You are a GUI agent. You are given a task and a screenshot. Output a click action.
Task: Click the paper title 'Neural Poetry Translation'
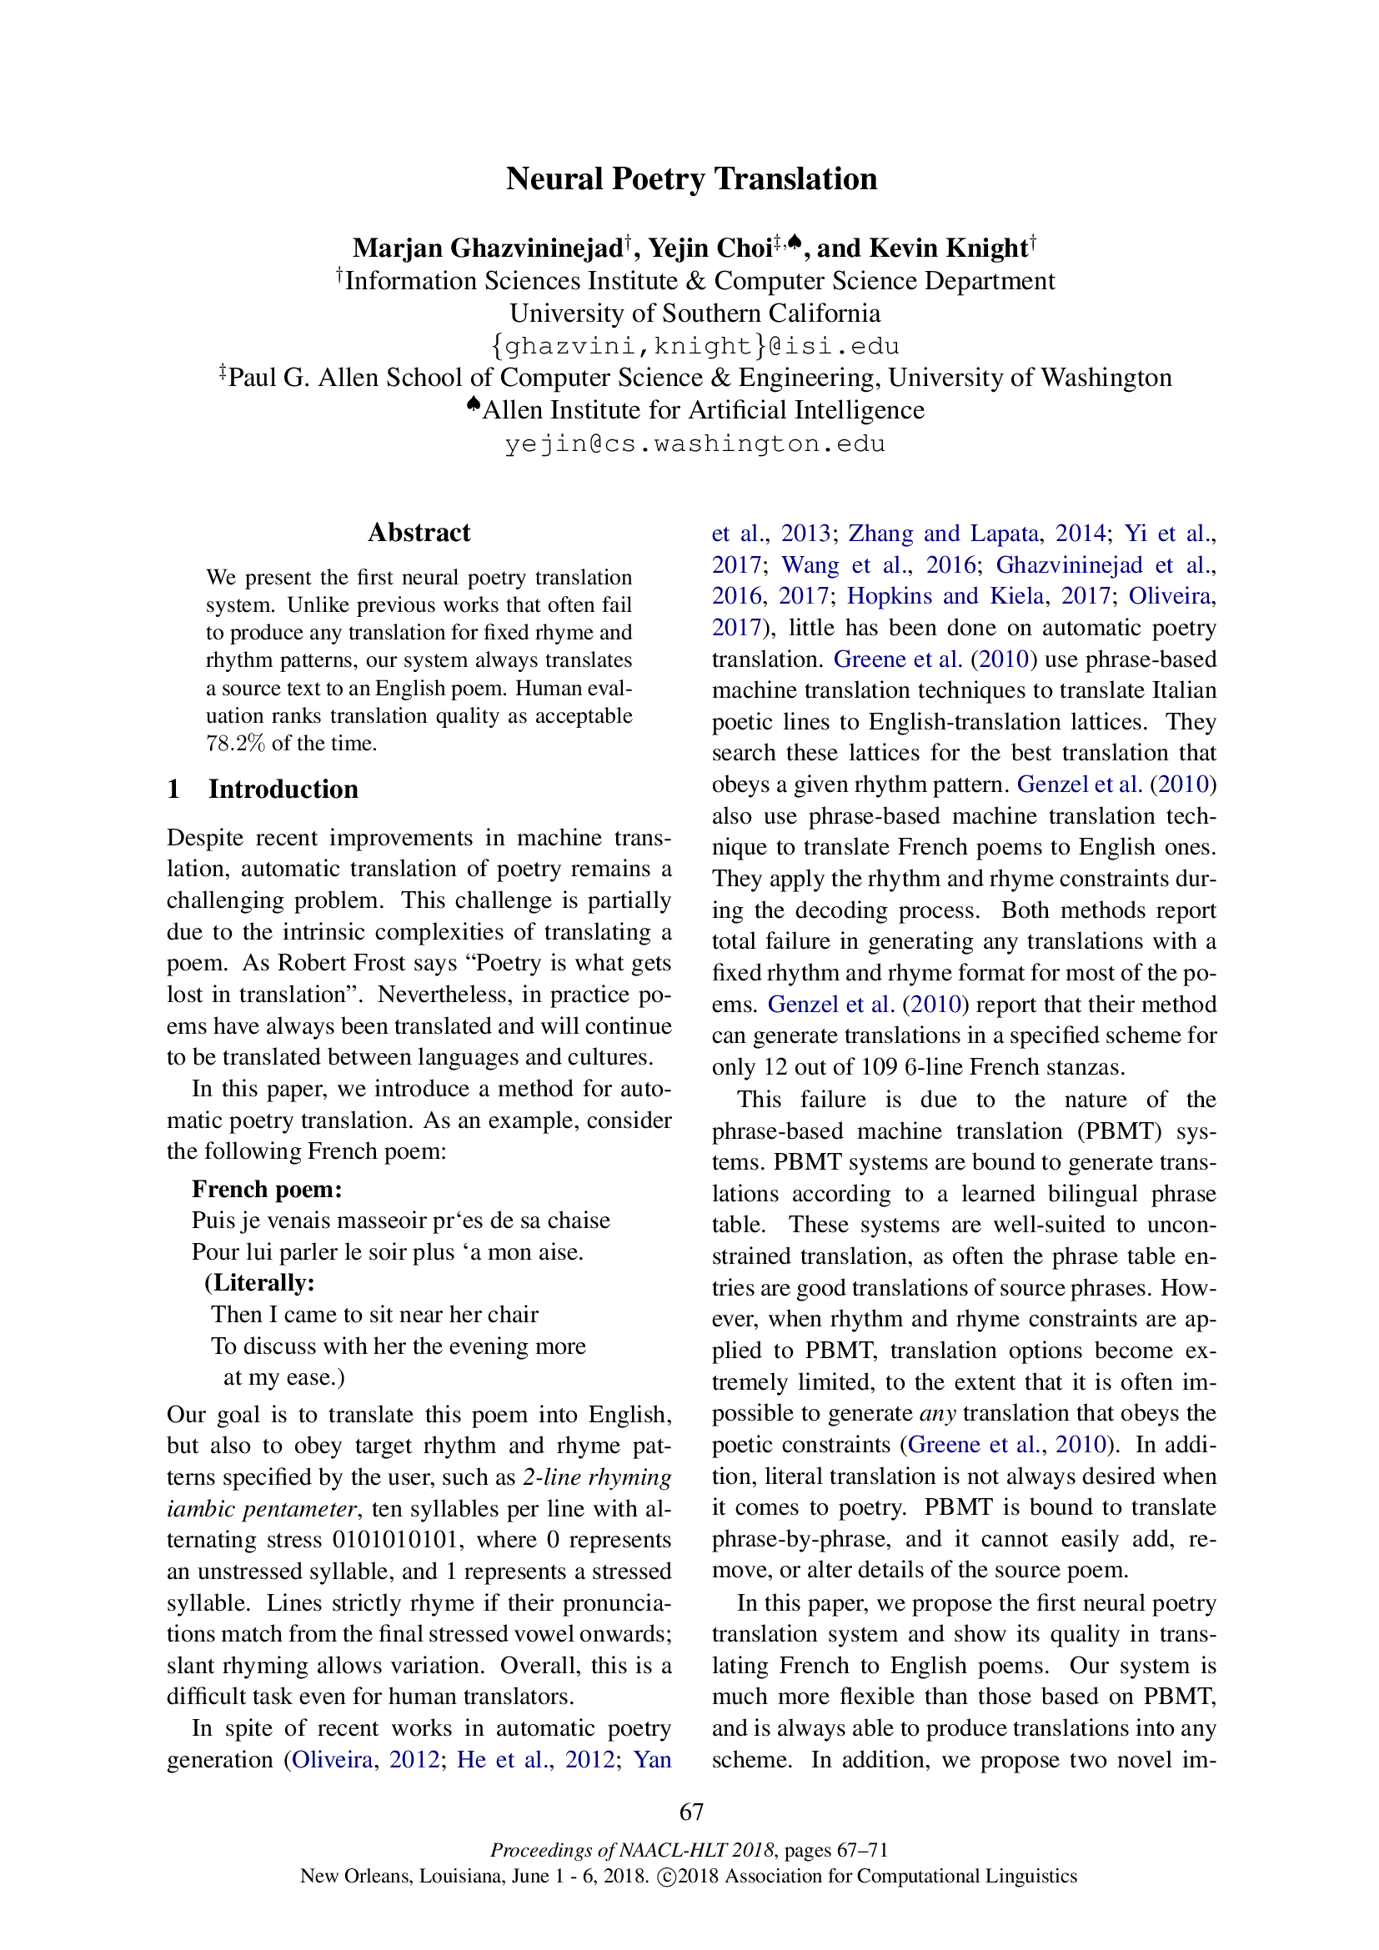pyautogui.click(x=691, y=179)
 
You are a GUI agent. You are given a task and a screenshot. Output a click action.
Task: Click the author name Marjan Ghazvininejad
pyautogui.click(x=489, y=248)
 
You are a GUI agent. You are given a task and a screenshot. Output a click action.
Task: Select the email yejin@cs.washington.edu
pyautogui.click(x=695, y=444)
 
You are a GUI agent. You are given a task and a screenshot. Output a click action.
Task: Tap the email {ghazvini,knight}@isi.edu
pyautogui.click(x=695, y=347)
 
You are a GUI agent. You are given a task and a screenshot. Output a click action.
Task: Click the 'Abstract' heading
pyautogui.click(x=419, y=533)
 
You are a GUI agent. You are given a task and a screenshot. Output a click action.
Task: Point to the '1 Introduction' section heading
pyautogui.click(x=263, y=789)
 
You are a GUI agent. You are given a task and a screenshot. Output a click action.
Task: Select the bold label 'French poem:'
pyautogui.click(x=268, y=1189)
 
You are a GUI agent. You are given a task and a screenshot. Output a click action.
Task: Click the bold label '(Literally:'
pyautogui.click(x=260, y=1282)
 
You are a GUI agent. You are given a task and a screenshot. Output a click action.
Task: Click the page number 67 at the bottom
pyautogui.click(x=691, y=1812)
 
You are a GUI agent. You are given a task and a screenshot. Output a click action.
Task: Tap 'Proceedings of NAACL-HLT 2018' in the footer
pyautogui.click(x=632, y=1850)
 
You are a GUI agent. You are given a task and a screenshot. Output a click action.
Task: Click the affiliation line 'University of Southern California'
pyautogui.click(x=695, y=313)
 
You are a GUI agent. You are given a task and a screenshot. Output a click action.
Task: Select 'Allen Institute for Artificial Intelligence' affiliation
pyautogui.click(x=702, y=410)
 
